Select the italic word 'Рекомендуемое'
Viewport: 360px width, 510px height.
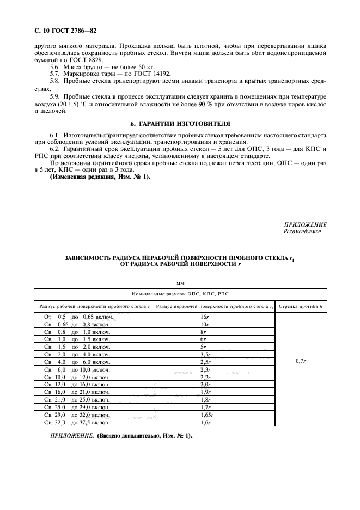coord(302,232)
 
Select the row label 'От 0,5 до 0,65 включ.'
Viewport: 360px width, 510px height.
coord(78,317)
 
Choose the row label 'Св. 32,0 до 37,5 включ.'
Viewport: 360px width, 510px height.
coord(78,422)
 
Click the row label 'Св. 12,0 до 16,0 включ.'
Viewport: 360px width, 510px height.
coord(78,385)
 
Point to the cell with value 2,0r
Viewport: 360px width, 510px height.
coord(205,385)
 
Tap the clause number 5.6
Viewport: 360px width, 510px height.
coord(55,65)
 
